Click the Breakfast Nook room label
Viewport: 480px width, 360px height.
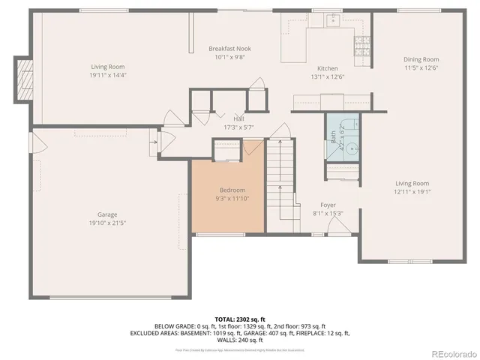[x=229, y=49]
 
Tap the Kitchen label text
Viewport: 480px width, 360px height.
[x=327, y=68]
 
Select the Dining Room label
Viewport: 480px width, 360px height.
[x=421, y=59]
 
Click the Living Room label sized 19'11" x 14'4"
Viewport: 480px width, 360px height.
[x=107, y=67]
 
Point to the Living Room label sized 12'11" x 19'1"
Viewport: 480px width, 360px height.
[x=412, y=184]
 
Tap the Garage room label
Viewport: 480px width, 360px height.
[x=107, y=214]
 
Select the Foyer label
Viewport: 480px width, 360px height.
[x=328, y=205]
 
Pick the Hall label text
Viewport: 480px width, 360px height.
[x=238, y=118]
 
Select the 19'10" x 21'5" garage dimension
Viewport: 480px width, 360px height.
[x=107, y=223]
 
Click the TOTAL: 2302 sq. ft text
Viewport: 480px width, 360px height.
[x=241, y=318]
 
